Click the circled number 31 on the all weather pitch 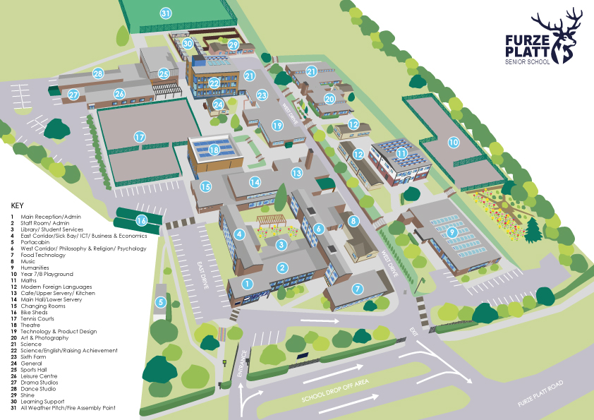click(165, 13)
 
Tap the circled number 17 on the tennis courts click(140, 137)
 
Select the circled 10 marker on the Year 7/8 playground click(453, 142)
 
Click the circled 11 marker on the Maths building click(401, 152)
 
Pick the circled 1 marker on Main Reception click(247, 283)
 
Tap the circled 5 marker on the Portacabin click(161, 302)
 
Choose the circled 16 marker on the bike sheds click(141, 220)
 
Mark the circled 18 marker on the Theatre click(214, 150)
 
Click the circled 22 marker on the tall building click(214, 83)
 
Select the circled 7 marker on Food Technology click(358, 288)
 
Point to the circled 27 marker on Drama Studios click(74, 95)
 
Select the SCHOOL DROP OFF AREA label click(336, 392)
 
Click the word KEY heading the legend click(18, 205)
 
